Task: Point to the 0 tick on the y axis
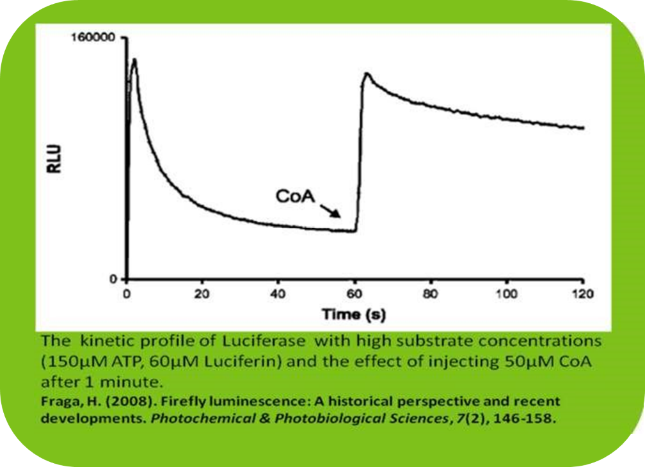click(112, 280)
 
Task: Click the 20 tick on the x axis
click(202, 295)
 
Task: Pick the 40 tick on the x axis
click(278, 295)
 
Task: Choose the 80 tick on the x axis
click(431, 295)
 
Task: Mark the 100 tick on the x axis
click(506, 295)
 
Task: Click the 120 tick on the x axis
click(582, 295)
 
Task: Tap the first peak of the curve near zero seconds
click(134, 59)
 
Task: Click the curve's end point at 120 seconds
click(583, 128)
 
